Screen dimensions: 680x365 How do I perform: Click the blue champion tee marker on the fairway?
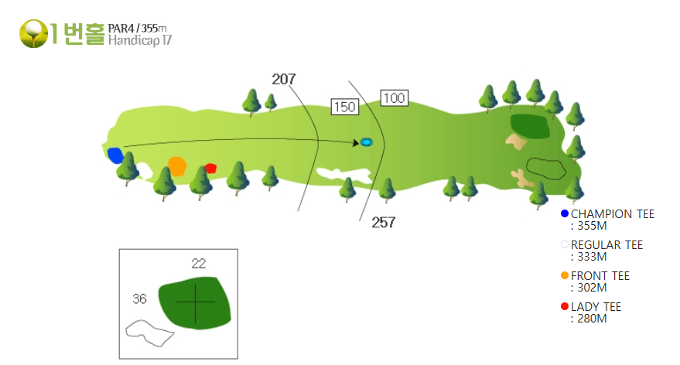pos(115,155)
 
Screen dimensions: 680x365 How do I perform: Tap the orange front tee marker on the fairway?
pos(177,166)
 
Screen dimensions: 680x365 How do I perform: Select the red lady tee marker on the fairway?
pos(210,169)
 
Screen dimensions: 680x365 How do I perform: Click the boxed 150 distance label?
pos(345,107)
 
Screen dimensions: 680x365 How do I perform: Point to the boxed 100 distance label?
pos(395,98)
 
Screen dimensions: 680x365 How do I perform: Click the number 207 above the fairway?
pos(284,79)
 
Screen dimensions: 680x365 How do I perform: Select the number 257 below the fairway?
pos(384,223)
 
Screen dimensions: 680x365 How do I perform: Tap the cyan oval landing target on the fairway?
pos(367,142)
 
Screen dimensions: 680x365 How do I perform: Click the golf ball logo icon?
pos(33,33)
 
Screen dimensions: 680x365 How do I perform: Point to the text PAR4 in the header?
pos(121,28)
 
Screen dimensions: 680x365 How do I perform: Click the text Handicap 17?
pos(140,40)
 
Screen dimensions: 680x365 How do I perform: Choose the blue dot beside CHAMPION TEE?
pos(565,213)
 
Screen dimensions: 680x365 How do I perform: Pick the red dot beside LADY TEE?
pos(565,306)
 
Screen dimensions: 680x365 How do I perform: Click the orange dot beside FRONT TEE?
pos(565,275)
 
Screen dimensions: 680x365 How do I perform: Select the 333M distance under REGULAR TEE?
pos(592,257)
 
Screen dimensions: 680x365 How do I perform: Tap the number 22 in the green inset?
pos(199,263)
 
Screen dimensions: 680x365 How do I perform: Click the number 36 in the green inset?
pos(139,298)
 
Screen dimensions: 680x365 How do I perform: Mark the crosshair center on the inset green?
pos(195,302)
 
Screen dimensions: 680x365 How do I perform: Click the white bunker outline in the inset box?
pos(149,333)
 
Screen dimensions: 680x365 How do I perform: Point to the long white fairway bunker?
pos(343,175)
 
